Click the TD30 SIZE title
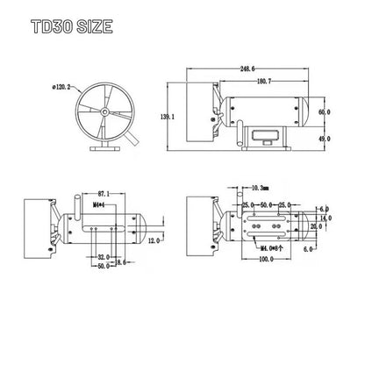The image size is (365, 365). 72,26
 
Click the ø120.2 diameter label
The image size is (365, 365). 61,87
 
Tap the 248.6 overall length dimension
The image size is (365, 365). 247,68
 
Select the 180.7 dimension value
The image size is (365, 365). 264,82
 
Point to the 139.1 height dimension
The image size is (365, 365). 168,117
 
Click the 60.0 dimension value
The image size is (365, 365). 325,112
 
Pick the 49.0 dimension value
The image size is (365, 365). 325,139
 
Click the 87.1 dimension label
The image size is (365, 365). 104,194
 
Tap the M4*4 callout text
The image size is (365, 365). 98,204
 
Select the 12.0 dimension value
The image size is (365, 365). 154,240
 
